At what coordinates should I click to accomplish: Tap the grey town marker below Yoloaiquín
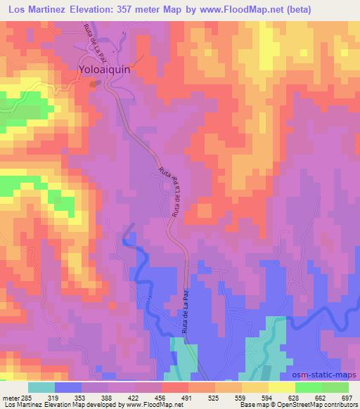coord(98,83)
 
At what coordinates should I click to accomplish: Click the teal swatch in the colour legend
coord(41,387)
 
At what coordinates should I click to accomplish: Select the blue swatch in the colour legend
coord(68,387)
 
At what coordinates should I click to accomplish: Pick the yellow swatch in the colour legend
coord(282,387)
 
